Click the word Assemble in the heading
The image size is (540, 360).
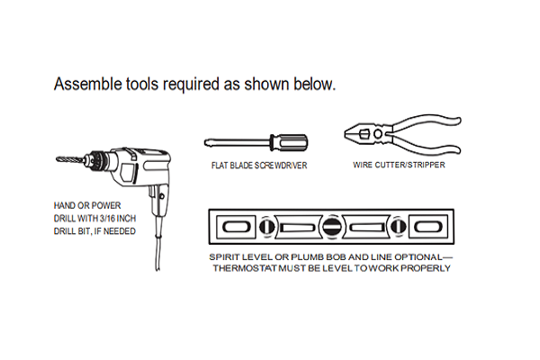click(x=88, y=84)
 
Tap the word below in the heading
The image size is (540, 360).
click(x=314, y=84)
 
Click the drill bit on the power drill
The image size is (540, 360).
click(x=70, y=159)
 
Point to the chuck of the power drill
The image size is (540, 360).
click(x=97, y=160)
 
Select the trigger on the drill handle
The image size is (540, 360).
click(x=152, y=192)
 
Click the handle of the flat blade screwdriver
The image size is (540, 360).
click(x=289, y=142)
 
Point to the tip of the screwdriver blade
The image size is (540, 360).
click(x=205, y=142)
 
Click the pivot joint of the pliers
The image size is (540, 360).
click(x=378, y=134)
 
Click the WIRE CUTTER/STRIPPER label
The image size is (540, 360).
click(x=399, y=165)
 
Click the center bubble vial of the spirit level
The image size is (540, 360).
click(x=331, y=227)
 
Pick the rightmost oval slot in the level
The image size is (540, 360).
click(x=427, y=227)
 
